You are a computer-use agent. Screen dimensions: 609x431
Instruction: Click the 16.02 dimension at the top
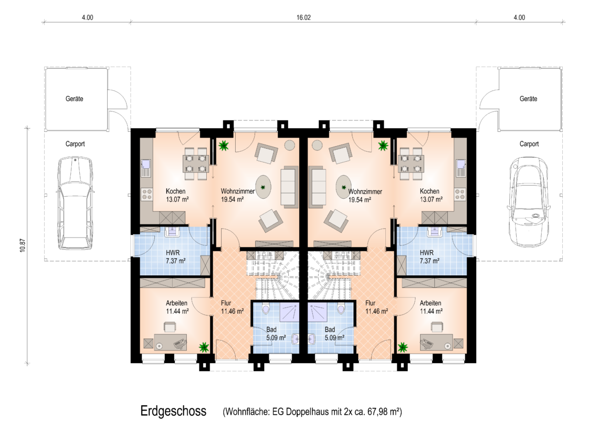303,17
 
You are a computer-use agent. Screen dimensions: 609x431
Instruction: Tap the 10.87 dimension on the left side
23,245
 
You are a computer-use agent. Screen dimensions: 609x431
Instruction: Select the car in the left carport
76,203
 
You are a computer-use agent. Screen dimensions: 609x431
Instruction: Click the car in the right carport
529,202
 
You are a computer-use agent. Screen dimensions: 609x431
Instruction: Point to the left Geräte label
74,99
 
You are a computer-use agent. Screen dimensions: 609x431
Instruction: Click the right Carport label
529,144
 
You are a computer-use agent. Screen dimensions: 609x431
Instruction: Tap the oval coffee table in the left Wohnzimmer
264,187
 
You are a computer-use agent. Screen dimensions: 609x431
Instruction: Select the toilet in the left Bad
266,308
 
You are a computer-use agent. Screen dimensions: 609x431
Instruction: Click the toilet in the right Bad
341,308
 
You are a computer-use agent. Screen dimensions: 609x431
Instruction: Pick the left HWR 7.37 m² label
175,256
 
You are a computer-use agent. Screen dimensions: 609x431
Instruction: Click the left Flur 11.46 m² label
232,307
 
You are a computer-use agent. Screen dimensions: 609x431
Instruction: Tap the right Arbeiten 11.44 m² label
431,307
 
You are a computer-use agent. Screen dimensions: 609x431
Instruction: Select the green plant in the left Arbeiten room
204,347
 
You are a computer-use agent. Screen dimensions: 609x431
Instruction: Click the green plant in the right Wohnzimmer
383,146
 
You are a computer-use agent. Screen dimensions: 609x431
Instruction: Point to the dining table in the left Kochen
196,164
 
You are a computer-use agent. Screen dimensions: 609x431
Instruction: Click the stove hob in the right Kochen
460,194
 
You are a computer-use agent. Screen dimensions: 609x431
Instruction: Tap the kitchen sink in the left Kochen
145,168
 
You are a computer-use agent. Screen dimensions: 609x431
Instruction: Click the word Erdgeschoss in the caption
173,411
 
